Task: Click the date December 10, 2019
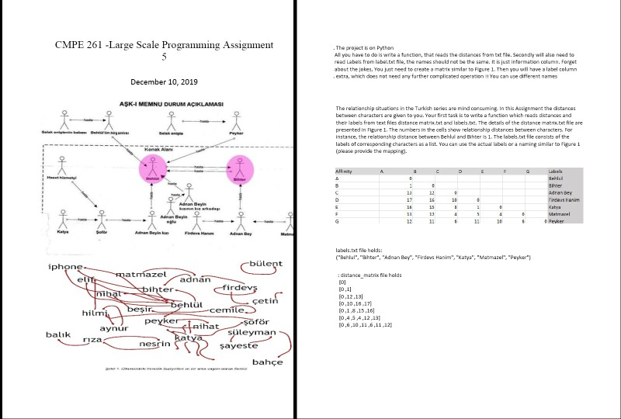pyautogui.click(x=164, y=81)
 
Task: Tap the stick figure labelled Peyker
pyautogui.click(x=238, y=124)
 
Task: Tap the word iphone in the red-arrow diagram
pyautogui.click(x=66, y=267)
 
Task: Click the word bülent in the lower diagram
pyautogui.click(x=265, y=264)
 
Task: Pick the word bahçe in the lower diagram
pyautogui.click(x=268, y=362)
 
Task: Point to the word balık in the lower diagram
pyautogui.click(x=59, y=334)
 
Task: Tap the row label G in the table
pyautogui.click(x=337, y=221)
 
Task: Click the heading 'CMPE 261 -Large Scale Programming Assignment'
pyautogui.click(x=164, y=44)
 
